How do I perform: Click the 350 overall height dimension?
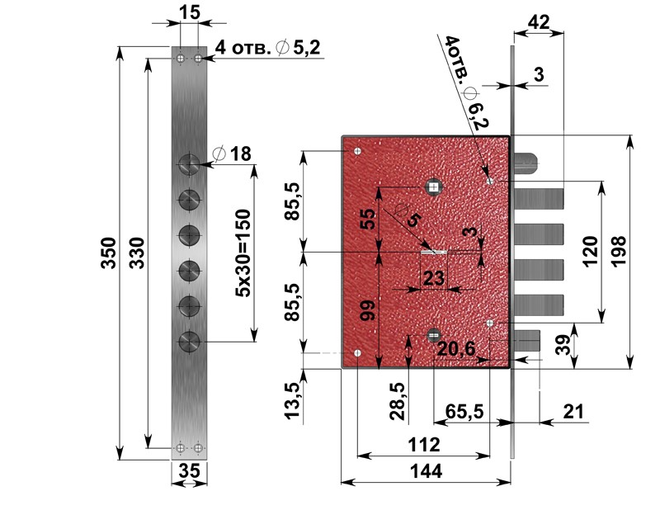[x=109, y=253]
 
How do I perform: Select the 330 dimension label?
[x=136, y=253]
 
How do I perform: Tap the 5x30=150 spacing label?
[x=243, y=253]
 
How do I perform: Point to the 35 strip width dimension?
[x=190, y=470]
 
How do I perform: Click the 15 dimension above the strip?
[x=190, y=12]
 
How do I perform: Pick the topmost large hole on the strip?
[x=190, y=164]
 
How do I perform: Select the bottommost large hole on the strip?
[x=190, y=341]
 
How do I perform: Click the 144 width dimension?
[x=426, y=471]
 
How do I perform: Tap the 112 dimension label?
[x=424, y=445]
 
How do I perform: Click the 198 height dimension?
[x=619, y=252]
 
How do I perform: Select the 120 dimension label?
[x=591, y=252]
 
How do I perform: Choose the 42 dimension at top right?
[x=539, y=22]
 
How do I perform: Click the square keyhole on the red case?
[x=434, y=187]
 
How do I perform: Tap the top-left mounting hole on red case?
[x=358, y=151]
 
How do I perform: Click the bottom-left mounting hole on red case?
[x=358, y=353]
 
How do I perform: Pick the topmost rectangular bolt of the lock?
[x=540, y=198]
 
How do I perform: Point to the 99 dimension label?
[x=369, y=311]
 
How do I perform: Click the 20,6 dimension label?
[x=457, y=349]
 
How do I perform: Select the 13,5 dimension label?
[x=293, y=400]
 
